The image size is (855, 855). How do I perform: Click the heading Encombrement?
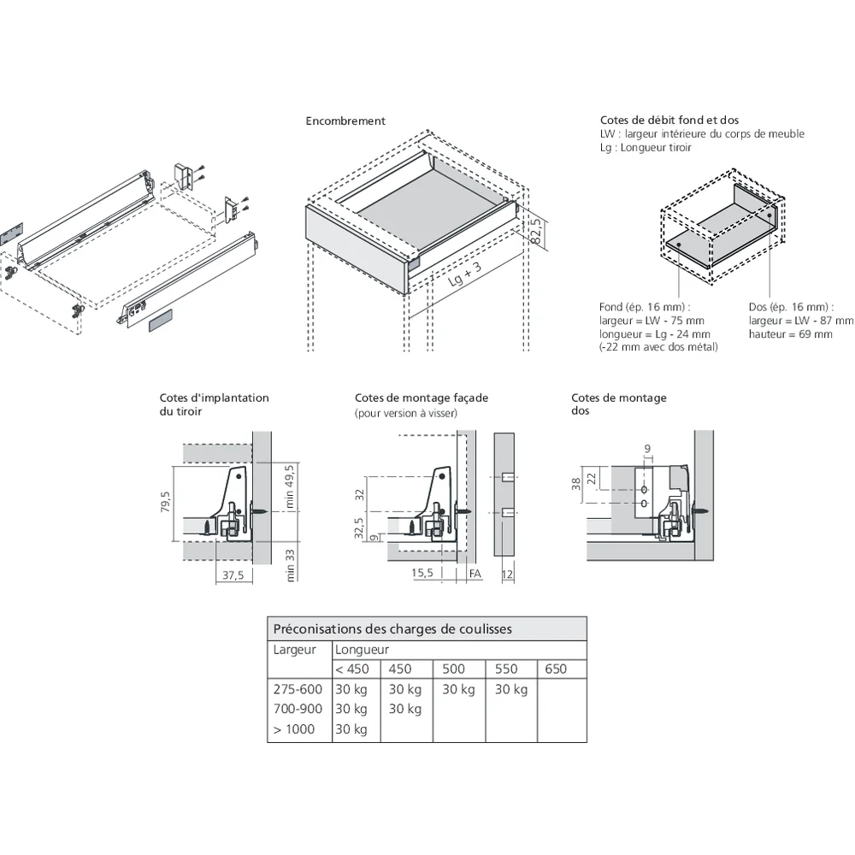pyautogui.click(x=345, y=121)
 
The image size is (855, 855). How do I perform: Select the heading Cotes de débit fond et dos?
pyautogui.click(x=669, y=121)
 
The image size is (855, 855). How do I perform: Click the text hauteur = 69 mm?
pyautogui.click(x=790, y=334)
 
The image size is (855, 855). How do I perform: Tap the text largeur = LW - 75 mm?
pyautogui.click(x=652, y=321)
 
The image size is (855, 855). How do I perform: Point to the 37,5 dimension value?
pyautogui.click(x=233, y=576)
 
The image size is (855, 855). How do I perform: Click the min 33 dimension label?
pyautogui.click(x=290, y=564)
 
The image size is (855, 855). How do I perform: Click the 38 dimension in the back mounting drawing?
pyautogui.click(x=577, y=484)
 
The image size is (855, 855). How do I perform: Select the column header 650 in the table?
pyautogui.click(x=556, y=669)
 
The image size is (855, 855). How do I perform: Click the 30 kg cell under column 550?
pyautogui.click(x=510, y=690)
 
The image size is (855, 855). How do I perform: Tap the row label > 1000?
pyautogui.click(x=294, y=729)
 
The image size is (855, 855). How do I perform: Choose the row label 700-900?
pyautogui.click(x=298, y=710)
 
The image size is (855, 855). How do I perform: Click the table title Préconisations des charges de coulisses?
pyautogui.click(x=392, y=629)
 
